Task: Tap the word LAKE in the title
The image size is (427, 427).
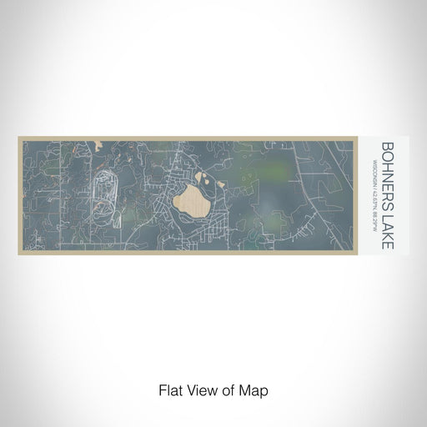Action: [x=387, y=229]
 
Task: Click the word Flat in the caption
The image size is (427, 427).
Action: [x=170, y=389]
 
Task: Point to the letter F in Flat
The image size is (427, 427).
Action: [x=161, y=389]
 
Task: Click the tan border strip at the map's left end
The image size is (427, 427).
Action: [x=20, y=196]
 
